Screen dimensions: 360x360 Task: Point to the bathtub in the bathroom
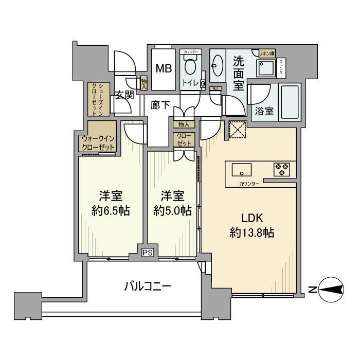292,103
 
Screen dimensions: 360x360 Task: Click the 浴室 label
262,112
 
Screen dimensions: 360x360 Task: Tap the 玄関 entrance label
125,95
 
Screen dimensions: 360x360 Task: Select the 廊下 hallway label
160,105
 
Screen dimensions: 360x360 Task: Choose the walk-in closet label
98,142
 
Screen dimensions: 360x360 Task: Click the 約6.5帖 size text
111,210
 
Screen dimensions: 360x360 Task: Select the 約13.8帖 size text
250,232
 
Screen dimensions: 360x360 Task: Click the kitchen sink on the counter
241,169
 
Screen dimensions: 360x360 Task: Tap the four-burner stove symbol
281,169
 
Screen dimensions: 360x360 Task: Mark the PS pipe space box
148,252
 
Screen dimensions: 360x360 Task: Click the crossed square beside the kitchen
238,130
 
